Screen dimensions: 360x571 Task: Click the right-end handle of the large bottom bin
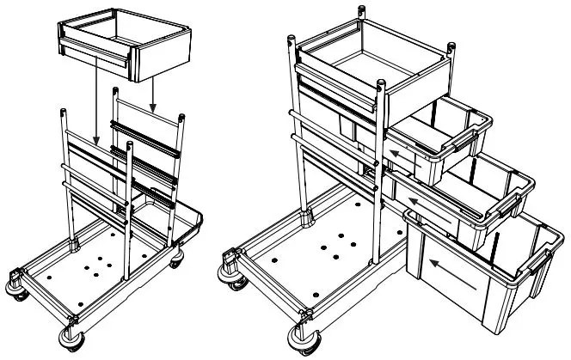[x=543, y=261]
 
